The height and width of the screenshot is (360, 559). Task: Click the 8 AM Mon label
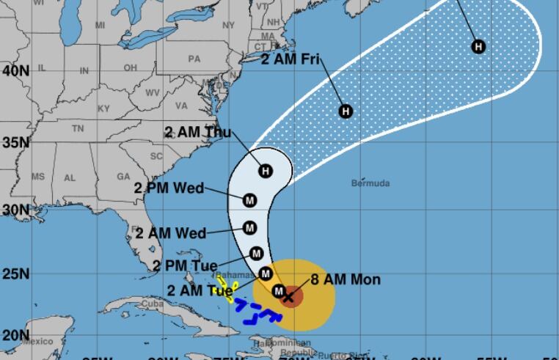coord(346,279)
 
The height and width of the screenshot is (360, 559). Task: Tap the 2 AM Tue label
coord(200,290)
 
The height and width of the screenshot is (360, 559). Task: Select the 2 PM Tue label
coord(185,265)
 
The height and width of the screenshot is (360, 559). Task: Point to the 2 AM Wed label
coord(171,233)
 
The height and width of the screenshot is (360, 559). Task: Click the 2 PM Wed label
coord(169,188)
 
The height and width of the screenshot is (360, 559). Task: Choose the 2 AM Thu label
coord(197,132)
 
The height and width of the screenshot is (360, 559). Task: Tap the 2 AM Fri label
coord(291,59)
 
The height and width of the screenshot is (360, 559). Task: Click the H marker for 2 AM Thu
coord(266,171)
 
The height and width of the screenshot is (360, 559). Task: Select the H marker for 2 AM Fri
coord(346,111)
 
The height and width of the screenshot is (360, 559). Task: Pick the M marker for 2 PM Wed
coord(249,199)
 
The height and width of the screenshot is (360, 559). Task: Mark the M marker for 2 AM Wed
coord(249,228)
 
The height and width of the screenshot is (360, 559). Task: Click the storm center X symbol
coord(288,297)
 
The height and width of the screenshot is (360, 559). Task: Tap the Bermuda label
coord(370,183)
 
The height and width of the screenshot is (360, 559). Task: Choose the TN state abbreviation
coord(78,128)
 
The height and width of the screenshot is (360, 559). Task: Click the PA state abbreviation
coord(194,59)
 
